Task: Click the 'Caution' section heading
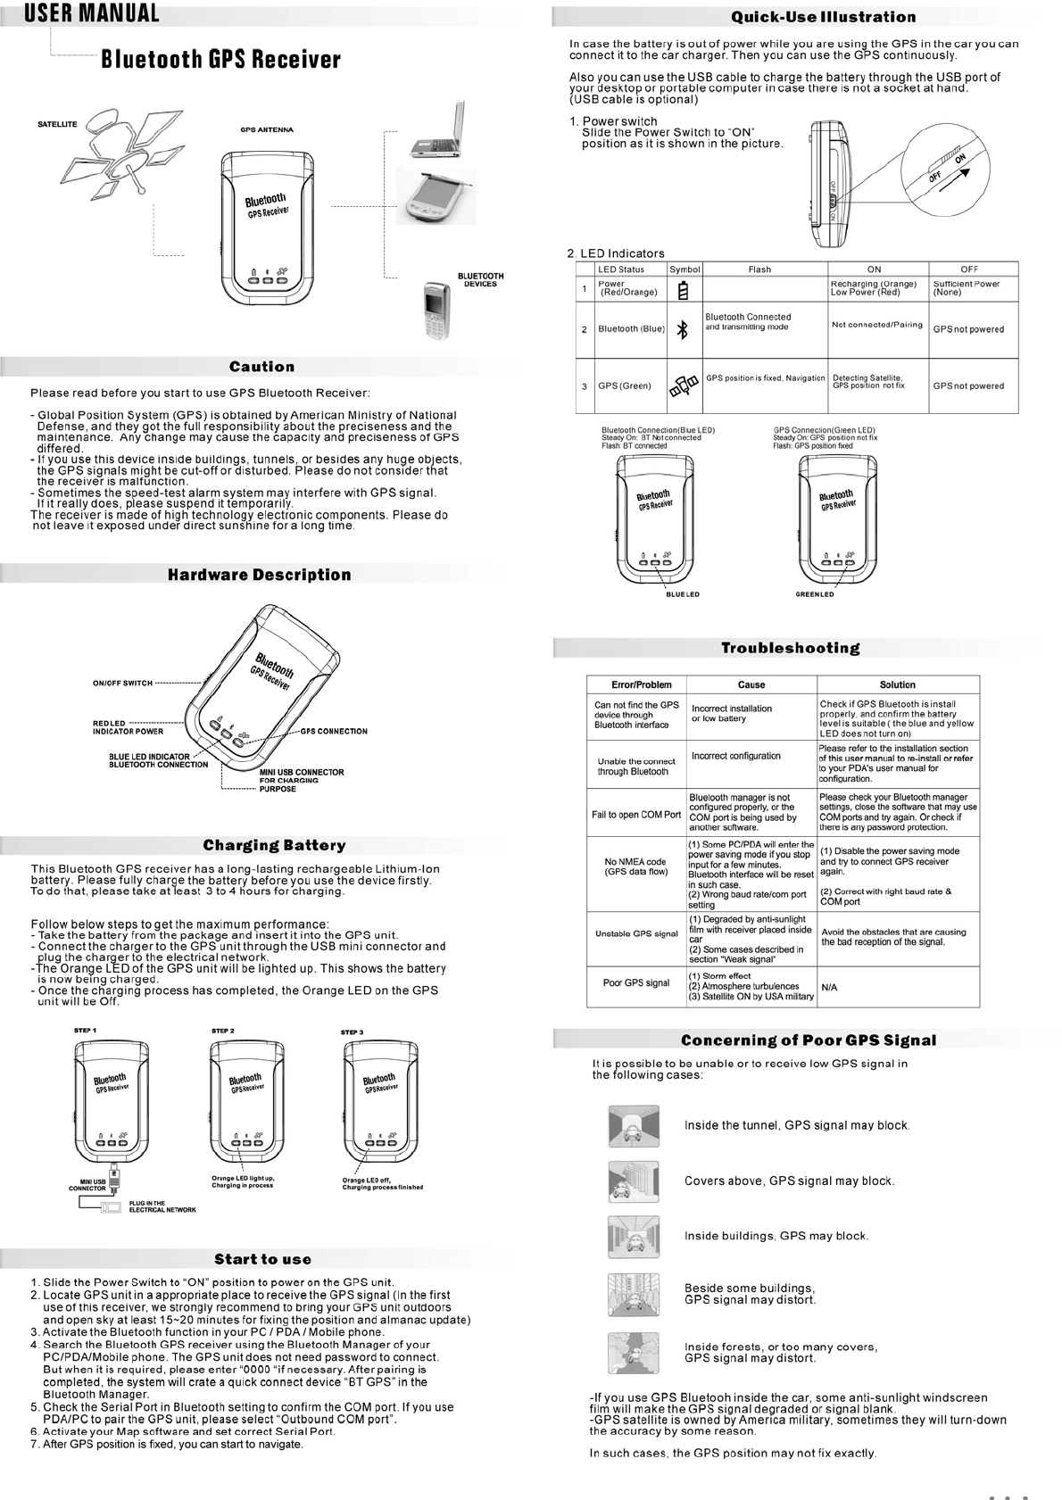pyautogui.click(x=261, y=367)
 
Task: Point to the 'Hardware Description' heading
pyautogui.click(x=260, y=575)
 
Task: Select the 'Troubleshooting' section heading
pyautogui.click(x=790, y=648)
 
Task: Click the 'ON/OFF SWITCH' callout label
pyautogui.click(x=122, y=684)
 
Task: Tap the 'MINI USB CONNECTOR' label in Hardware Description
pyautogui.click(x=302, y=772)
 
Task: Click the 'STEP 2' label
pyautogui.click(x=223, y=1031)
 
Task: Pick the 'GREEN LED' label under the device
pyautogui.click(x=814, y=594)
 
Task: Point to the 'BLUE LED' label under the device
pyautogui.click(x=683, y=594)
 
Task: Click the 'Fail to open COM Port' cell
pyautogui.click(x=636, y=814)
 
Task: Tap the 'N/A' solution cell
pyautogui.click(x=829, y=988)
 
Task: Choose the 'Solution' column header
pyautogui.click(x=897, y=684)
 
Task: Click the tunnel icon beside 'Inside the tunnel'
pyautogui.click(x=633, y=1125)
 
